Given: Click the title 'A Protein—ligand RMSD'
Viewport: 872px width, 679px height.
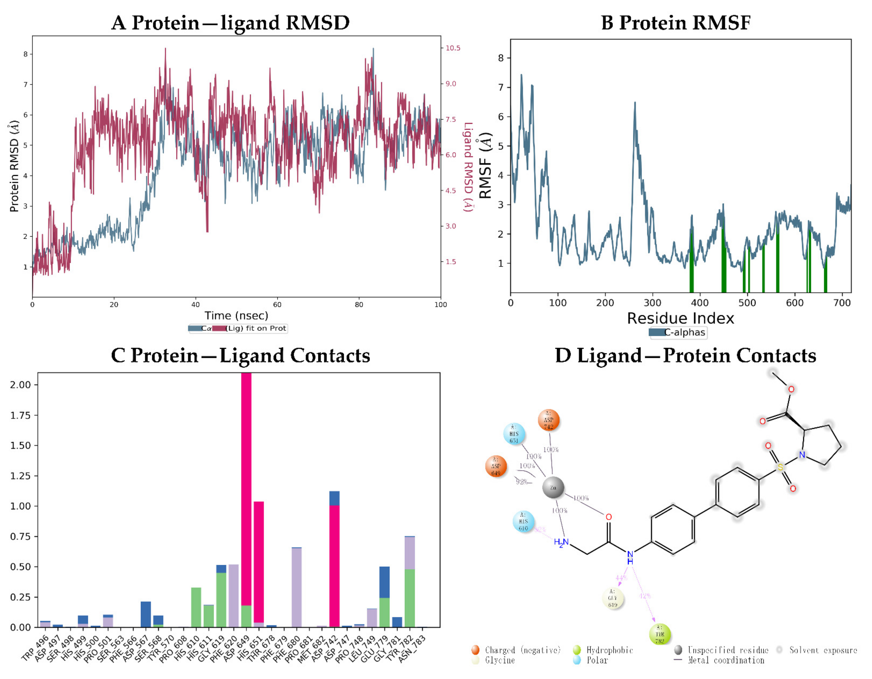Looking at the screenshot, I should click(x=230, y=23).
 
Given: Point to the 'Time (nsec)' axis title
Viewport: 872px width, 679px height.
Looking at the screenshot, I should click(x=236, y=315).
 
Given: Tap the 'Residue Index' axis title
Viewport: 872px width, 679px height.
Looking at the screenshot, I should click(x=680, y=318).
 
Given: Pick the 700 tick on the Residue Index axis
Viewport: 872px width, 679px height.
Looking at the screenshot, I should click(x=842, y=303).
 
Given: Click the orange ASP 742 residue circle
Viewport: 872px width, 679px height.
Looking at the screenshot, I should click(x=549, y=420).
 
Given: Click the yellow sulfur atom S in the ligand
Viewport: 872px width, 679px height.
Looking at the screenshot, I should click(x=780, y=467).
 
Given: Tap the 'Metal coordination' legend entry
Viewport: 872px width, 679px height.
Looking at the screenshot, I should click(x=726, y=660).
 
